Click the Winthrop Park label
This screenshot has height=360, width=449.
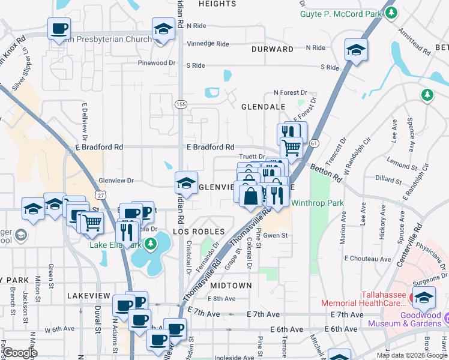pyautogui.click(x=317, y=203)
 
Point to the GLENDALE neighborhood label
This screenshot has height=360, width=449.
pyautogui.click(x=263, y=106)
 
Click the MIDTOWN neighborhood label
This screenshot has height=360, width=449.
pyautogui.click(x=231, y=285)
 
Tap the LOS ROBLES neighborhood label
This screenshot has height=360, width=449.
pyautogui.click(x=199, y=231)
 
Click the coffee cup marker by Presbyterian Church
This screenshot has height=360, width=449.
pyautogui.click(x=59, y=28)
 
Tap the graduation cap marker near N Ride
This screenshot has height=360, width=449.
pyautogui.click(x=163, y=28)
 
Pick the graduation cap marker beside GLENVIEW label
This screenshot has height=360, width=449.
pyautogui.click(x=186, y=183)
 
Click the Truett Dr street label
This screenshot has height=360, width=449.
pyautogui.click(x=252, y=157)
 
